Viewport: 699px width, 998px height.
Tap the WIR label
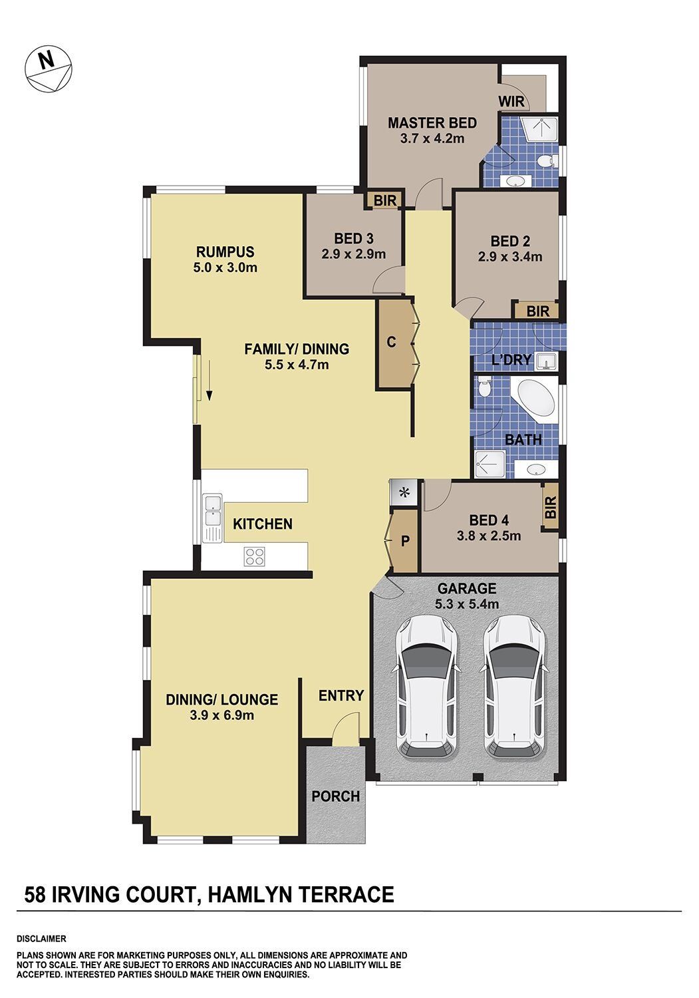pyautogui.click(x=511, y=102)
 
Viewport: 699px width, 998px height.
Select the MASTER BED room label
pyautogui.click(x=432, y=123)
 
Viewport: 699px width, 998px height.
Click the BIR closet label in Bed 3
pyautogui.click(x=385, y=200)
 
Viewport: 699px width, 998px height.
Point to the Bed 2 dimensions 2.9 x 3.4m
pyautogui.click(x=510, y=257)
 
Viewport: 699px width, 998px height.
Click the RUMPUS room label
pyautogui.click(x=225, y=251)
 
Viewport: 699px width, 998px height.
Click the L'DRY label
pyautogui.click(x=511, y=359)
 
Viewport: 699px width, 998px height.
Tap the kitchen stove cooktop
pyautogui.click(x=254, y=556)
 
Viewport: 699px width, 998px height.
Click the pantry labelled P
pyautogui.click(x=405, y=540)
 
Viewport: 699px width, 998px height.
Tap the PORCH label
pyautogui.click(x=335, y=796)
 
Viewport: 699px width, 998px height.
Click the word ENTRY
pyautogui.click(x=341, y=695)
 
